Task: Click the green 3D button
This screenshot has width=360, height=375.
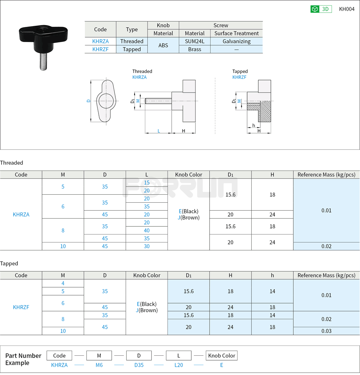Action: click(x=321, y=9)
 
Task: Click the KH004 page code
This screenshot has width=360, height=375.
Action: click(x=346, y=9)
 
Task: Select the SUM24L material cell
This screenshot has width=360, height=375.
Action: click(x=194, y=41)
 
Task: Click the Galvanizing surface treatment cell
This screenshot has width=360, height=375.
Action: click(x=236, y=41)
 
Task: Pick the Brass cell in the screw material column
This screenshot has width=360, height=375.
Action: click(x=194, y=49)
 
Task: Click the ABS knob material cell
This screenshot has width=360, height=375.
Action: click(x=163, y=45)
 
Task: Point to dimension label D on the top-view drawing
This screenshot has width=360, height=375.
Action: click(x=88, y=101)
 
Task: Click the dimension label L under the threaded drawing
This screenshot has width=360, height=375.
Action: click(x=159, y=131)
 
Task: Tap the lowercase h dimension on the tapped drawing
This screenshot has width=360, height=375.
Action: click(x=254, y=125)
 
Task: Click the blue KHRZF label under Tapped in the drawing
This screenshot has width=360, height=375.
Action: click(x=239, y=77)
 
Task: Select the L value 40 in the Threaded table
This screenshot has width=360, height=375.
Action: click(x=147, y=230)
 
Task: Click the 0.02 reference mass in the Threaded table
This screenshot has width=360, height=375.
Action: click(x=326, y=246)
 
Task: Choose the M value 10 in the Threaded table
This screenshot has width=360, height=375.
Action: click(x=63, y=246)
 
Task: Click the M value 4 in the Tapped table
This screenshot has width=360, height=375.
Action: click(x=63, y=283)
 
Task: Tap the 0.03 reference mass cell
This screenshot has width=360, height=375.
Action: click(x=326, y=331)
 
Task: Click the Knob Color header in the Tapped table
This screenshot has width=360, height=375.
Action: click(x=147, y=275)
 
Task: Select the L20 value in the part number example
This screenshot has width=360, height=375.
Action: click(x=178, y=365)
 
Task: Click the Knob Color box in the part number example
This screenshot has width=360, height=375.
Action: click(x=222, y=356)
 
